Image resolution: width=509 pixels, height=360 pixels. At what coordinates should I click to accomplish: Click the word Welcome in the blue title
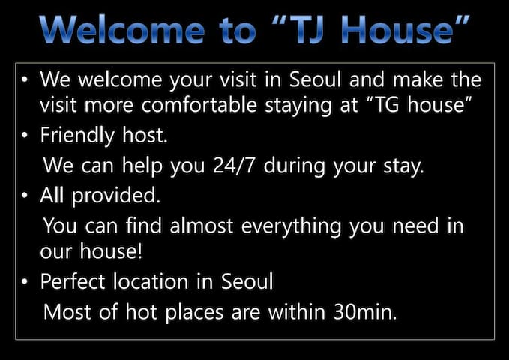(122, 30)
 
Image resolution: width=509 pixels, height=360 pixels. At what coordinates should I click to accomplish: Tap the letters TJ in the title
(307, 30)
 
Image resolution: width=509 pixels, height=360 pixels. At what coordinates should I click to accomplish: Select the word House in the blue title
(397, 30)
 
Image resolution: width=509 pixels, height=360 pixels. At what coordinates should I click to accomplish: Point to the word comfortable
(199, 104)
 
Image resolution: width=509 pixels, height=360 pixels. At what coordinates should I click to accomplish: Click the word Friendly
(77, 136)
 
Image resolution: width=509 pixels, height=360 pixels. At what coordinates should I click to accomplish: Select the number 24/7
(234, 166)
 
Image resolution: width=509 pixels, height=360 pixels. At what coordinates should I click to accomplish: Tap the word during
(294, 166)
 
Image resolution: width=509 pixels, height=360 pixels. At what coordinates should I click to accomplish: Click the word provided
(116, 196)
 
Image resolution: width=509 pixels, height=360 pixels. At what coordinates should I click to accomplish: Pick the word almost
(201, 226)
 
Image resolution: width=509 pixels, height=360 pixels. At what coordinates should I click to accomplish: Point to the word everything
(291, 226)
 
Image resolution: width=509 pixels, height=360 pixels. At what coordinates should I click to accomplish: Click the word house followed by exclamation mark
(111, 251)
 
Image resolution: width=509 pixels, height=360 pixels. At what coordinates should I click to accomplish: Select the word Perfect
(73, 281)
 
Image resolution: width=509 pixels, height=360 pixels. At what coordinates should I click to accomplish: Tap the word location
(151, 281)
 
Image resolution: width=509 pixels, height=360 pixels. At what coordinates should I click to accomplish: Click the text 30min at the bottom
(365, 312)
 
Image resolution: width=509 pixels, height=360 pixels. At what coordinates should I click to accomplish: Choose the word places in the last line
(194, 313)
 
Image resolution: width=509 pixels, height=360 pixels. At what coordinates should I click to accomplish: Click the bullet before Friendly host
(25, 135)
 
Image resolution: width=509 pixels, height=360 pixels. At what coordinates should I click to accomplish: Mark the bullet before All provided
(25, 196)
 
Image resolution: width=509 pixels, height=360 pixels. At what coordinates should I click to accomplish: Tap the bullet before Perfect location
(25, 281)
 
